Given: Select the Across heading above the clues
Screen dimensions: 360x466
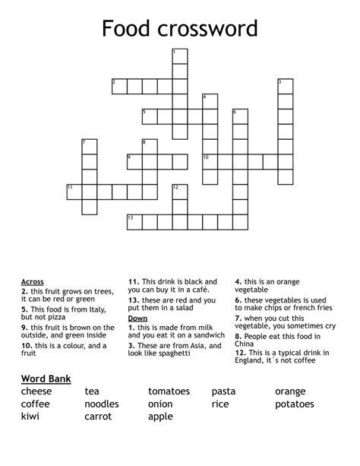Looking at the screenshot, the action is tap(33, 282).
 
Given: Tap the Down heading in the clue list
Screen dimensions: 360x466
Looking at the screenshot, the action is tap(137, 318).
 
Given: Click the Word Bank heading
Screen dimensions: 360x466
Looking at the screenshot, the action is tap(51, 378).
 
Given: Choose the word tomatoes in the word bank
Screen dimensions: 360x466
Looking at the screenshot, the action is tap(169, 392).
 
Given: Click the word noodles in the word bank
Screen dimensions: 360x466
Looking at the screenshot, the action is tap(102, 404).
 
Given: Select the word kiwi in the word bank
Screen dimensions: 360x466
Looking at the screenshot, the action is tap(30, 417).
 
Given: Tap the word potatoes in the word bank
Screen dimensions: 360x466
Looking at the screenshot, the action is tap(294, 404).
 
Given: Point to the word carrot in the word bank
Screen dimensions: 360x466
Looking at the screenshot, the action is tap(99, 417).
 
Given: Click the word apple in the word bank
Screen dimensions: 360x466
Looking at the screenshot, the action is tap(160, 417).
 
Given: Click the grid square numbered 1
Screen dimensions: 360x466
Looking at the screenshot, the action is tap(179, 55).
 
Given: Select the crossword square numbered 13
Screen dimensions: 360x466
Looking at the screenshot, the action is tap(134, 221).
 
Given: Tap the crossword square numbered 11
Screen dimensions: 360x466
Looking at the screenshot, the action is tap(74, 191).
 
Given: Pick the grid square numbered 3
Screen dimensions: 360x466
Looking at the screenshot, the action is tap(285, 85).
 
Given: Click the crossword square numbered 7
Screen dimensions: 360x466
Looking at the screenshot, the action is tap(89, 146).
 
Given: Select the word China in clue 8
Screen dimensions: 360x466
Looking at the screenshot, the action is tap(247, 344).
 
